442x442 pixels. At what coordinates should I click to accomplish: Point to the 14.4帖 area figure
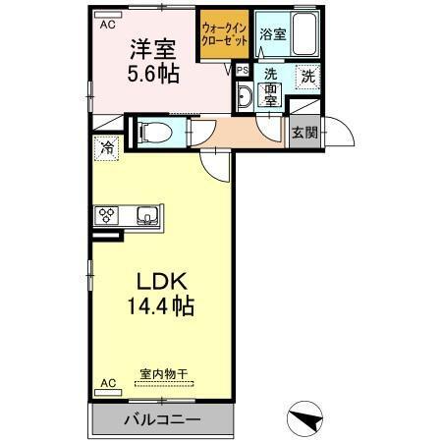pyautogui.click(x=160, y=305)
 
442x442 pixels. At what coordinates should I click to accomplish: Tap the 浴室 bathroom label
pyautogui.click(x=272, y=34)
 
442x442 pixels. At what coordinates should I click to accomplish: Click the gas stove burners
pyautogui.click(x=107, y=216)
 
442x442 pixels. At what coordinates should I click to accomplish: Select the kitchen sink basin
pyautogui.click(x=148, y=216)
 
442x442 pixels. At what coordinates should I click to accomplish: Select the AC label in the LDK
pyautogui.click(x=107, y=384)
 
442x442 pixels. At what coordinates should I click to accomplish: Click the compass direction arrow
pyautogui.click(x=305, y=420)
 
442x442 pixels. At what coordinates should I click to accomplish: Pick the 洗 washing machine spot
pyautogui.click(x=308, y=77)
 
